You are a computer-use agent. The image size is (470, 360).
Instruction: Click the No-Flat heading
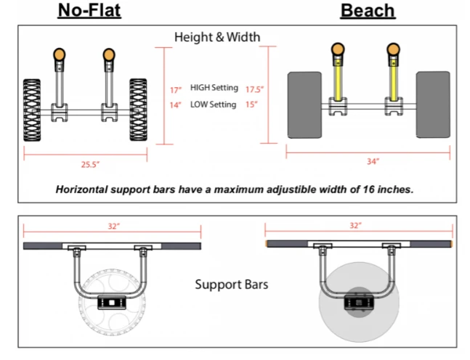[89, 10]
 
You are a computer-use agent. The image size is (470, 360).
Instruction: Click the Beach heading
[368, 10]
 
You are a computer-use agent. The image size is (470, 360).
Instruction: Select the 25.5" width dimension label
[90, 165]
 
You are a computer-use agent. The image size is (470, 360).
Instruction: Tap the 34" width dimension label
[373, 161]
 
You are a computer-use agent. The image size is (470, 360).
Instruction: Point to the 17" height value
[175, 90]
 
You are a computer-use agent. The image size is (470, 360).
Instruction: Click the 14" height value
[175, 105]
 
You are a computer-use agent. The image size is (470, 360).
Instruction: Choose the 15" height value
[252, 105]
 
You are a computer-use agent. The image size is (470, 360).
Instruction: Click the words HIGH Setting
[214, 88]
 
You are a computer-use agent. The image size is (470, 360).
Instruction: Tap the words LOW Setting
[213, 105]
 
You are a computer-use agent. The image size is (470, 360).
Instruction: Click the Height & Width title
[217, 37]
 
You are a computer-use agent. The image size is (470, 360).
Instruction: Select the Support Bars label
[231, 284]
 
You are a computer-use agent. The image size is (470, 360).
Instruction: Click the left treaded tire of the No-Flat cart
[32, 109]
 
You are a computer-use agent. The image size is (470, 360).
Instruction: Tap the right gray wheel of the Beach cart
[433, 105]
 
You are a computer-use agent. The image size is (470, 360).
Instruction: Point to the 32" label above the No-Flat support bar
[113, 226]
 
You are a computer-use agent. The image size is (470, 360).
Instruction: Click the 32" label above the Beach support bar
[355, 226]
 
